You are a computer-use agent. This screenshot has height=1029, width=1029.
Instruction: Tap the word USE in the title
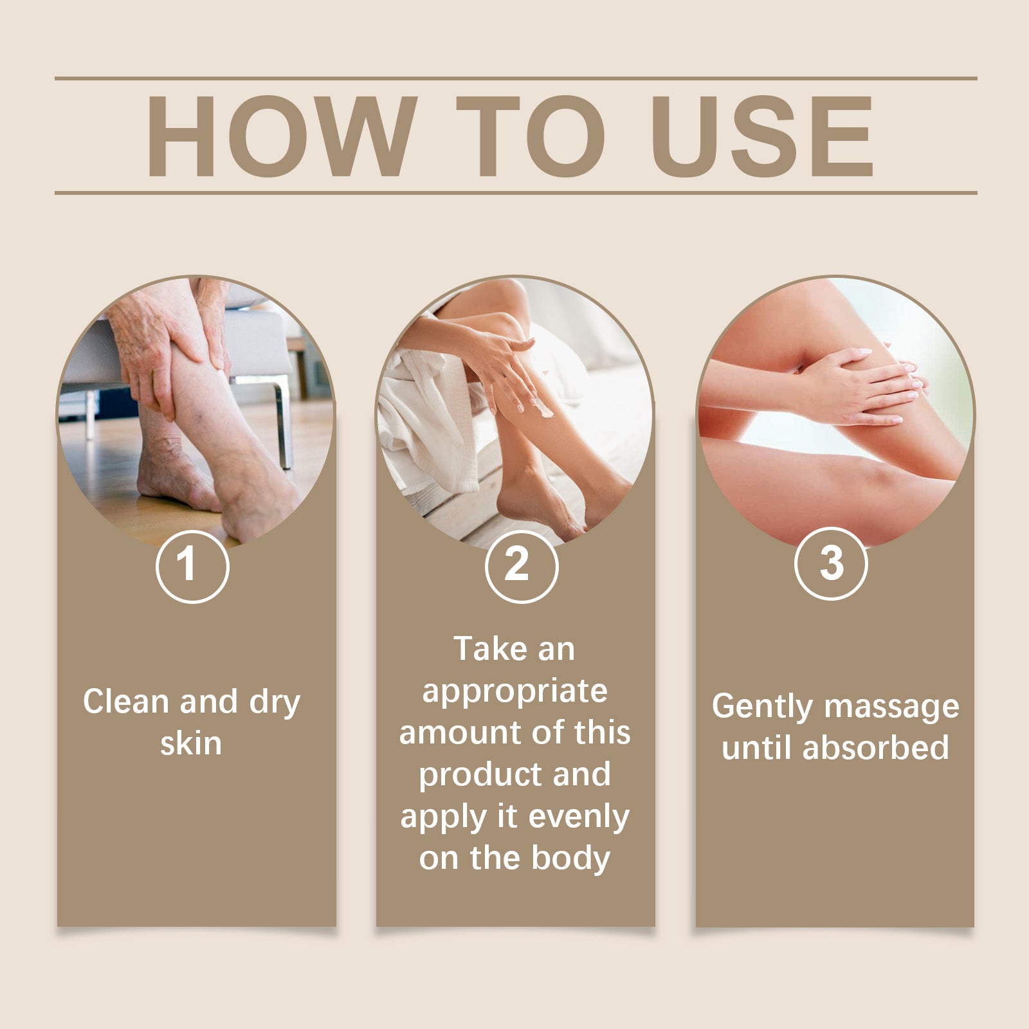coord(763,136)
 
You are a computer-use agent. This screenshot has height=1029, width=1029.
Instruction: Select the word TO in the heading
coord(531,136)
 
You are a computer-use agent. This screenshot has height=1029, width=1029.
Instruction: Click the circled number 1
coord(192,566)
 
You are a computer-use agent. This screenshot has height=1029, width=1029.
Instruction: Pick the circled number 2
coord(521,566)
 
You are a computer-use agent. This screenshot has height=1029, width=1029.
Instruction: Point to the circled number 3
coord(831,563)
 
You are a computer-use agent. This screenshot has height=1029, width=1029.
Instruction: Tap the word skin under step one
coord(191,744)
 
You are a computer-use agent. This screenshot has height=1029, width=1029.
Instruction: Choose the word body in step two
coord(571,859)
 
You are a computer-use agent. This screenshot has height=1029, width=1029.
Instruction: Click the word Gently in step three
coord(762,707)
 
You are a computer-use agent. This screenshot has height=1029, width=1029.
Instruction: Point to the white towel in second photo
coord(421,412)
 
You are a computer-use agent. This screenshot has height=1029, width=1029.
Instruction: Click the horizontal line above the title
coord(514,78)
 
